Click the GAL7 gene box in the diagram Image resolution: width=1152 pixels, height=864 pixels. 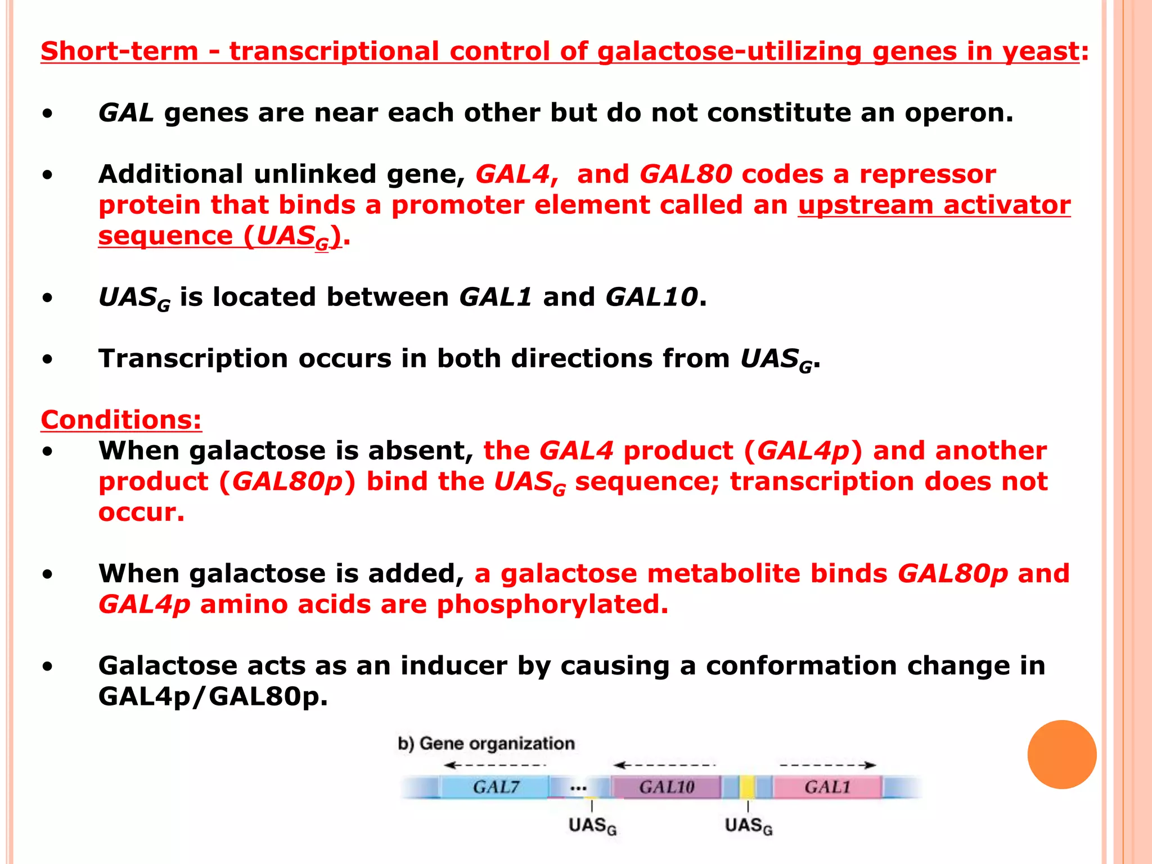pyautogui.click(x=494, y=786)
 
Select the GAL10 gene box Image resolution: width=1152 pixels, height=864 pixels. pyautogui.click(x=666, y=786)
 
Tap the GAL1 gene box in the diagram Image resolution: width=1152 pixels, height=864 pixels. pyautogui.click(x=826, y=786)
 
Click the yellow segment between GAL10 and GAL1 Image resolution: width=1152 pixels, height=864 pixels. pyautogui.click(x=747, y=786)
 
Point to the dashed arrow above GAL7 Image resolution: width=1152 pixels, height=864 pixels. pyautogui.click(x=494, y=765)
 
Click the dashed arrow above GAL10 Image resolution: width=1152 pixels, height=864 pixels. pyautogui.click(x=664, y=765)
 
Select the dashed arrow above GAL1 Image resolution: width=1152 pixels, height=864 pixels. pyautogui.click(x=827, y=765)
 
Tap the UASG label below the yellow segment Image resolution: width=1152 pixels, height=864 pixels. pyautogui.click(x=749, y=826)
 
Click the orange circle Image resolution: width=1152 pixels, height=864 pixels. pyautogui.click(x=1061, y=754)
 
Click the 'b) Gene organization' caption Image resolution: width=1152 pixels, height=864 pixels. pyautogui.click(x=486, y=744)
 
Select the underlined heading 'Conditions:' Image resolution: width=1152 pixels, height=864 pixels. pyautogui.click(x=121, y=420)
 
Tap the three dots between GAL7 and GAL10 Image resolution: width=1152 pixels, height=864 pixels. pyautogui.click(x=578, y=788)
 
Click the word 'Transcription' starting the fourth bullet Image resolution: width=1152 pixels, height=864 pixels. pyautogui.click(x=193, y=358)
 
